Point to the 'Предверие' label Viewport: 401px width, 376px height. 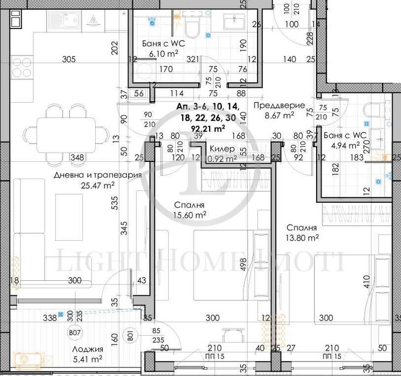(279, 106)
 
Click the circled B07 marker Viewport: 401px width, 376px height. (75, 333)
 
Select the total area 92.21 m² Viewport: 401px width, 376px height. (207, 128)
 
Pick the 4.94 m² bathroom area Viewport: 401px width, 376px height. (346, 145)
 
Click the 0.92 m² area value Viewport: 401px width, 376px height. (223, 159)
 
